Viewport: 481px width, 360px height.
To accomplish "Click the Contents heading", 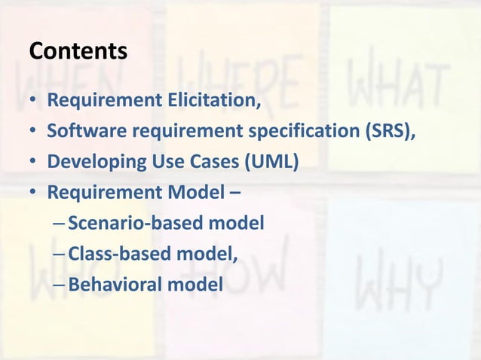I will pyautogui.click(x=78, y=51).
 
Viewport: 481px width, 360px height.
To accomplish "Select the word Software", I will pyautogui.click(x=87, y=131).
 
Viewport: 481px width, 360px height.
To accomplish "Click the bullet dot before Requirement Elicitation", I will pyautogui.click(x=34, y=101).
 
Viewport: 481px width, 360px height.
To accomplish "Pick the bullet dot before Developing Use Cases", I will pyautogui.click(x=34, y=163).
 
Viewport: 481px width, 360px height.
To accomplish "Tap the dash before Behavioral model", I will pyautogui.click(x=60, y=286).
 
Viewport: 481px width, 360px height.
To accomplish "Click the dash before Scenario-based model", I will pyautogui.click(x=60, y=224).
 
